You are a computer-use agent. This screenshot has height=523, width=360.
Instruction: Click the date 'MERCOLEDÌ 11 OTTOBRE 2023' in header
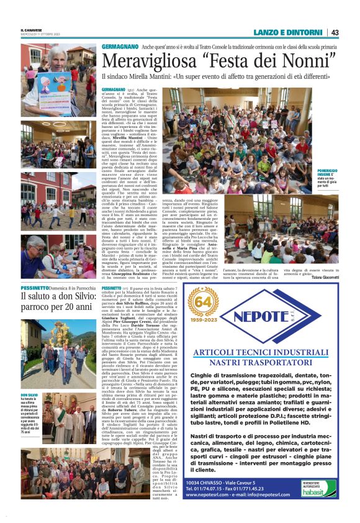point(40,35)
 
